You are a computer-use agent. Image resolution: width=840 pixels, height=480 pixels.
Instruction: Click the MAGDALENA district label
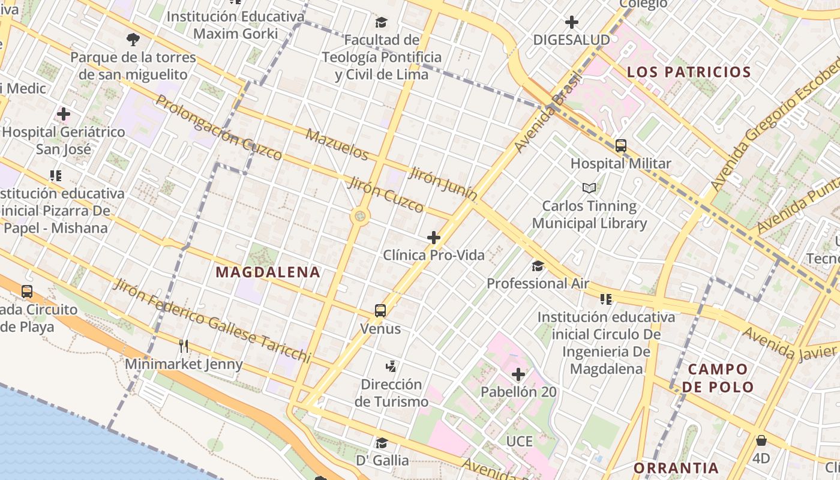point(268,272)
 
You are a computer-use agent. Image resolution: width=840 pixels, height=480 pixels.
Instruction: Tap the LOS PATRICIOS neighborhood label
point(689,72)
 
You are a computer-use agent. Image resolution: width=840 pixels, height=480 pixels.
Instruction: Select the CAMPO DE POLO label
point(718,377)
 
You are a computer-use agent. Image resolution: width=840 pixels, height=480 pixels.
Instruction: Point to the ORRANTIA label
point(676,467)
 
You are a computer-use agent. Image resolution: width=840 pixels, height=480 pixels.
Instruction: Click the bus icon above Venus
point(380,311)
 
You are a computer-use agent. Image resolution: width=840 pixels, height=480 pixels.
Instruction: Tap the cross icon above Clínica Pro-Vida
point(434,238)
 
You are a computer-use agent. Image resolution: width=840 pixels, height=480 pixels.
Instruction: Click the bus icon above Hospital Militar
point(621,146)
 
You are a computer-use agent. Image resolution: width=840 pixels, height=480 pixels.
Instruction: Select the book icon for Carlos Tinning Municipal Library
point(590,188)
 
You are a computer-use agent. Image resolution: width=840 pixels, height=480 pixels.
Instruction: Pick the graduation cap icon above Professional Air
point(538,266)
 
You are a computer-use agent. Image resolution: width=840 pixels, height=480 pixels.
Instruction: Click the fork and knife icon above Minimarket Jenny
point(184,346)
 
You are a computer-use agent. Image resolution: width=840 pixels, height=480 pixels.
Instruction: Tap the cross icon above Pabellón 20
point(518,375)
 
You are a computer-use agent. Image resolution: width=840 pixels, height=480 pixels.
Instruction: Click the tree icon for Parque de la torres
point(133,40)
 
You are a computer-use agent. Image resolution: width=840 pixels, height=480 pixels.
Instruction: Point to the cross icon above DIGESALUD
point(572,23)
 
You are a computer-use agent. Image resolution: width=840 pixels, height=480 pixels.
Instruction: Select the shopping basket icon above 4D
point(761,441)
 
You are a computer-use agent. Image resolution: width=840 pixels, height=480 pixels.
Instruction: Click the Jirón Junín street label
point(443,184)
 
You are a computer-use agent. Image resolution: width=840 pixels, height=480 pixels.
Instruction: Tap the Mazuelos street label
point(337,144)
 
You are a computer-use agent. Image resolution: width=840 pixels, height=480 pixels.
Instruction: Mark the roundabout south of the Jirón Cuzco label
point(360,215)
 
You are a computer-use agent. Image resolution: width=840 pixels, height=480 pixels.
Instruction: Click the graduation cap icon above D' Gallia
point(382,443)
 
